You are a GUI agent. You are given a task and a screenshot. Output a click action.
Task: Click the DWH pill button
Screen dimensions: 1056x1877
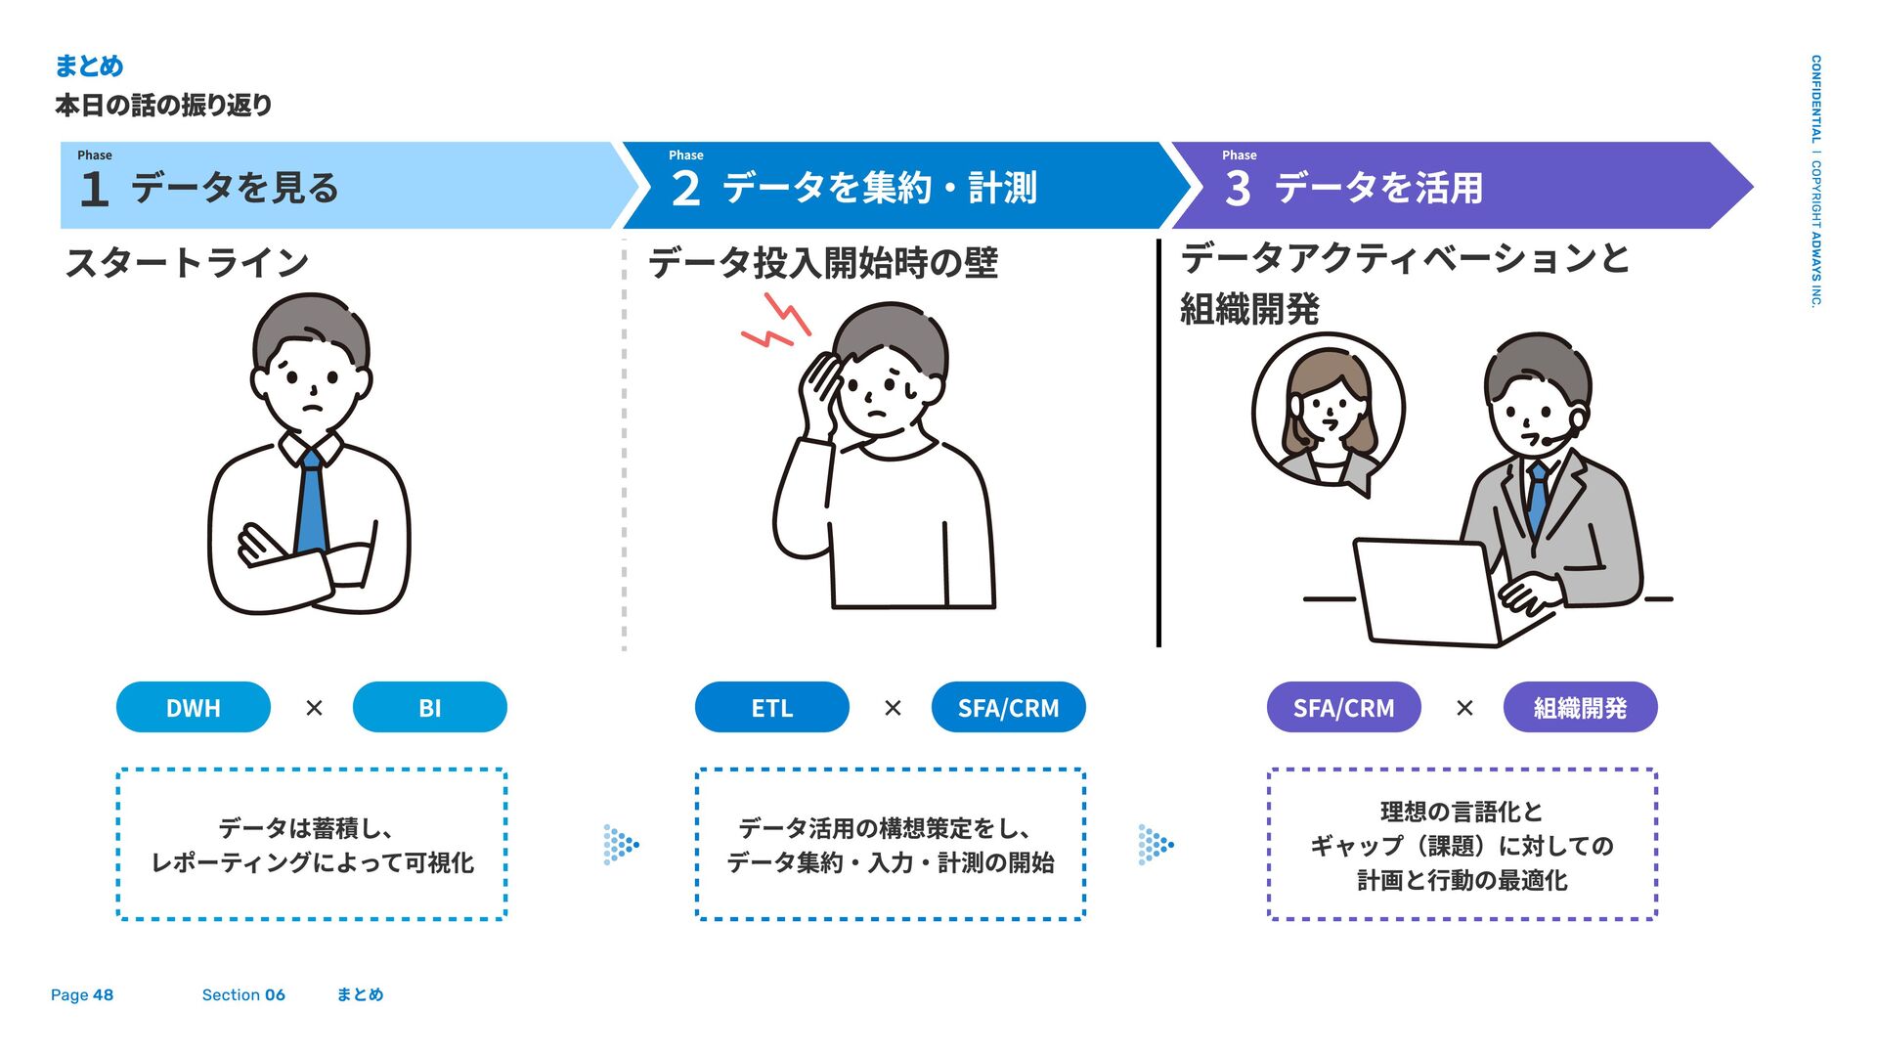[x=193, y=707]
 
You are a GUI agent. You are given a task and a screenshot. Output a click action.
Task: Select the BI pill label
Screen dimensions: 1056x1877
[x=429, y=707]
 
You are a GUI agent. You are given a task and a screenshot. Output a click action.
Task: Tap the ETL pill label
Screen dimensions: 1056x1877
[x=771, y=707]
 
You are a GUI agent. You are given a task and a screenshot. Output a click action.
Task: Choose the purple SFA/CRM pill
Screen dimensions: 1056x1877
[x=1343, y=707]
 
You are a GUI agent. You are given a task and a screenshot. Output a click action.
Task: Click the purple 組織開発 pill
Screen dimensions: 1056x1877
[x=1580, y=707]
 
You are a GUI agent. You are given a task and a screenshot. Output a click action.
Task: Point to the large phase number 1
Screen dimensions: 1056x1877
[x=94, y=189]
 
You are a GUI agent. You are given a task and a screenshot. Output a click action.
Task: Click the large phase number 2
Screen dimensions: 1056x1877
[x=685, y=189]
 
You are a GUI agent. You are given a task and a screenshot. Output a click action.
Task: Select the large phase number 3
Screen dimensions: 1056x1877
[x=1238, y=189]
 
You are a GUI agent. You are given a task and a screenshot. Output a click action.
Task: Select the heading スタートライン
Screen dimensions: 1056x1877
[x=187, y=262]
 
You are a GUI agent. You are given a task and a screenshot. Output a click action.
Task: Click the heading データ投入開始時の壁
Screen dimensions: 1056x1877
[x=823, y=263]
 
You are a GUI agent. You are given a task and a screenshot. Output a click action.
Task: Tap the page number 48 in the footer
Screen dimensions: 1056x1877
[x=103, y=995]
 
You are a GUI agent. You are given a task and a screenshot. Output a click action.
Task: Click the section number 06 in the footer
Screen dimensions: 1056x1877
[x=275, y=995]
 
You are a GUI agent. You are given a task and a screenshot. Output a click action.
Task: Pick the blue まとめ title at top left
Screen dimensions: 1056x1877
[x=89, y=66]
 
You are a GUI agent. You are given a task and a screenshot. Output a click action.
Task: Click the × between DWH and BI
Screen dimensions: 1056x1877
[x=314, y=707]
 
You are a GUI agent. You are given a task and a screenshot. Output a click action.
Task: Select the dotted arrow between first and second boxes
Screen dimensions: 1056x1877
[x=621, y=844]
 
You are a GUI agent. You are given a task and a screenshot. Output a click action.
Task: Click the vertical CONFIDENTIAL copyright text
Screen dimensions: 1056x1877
[x=1815, y=181]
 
